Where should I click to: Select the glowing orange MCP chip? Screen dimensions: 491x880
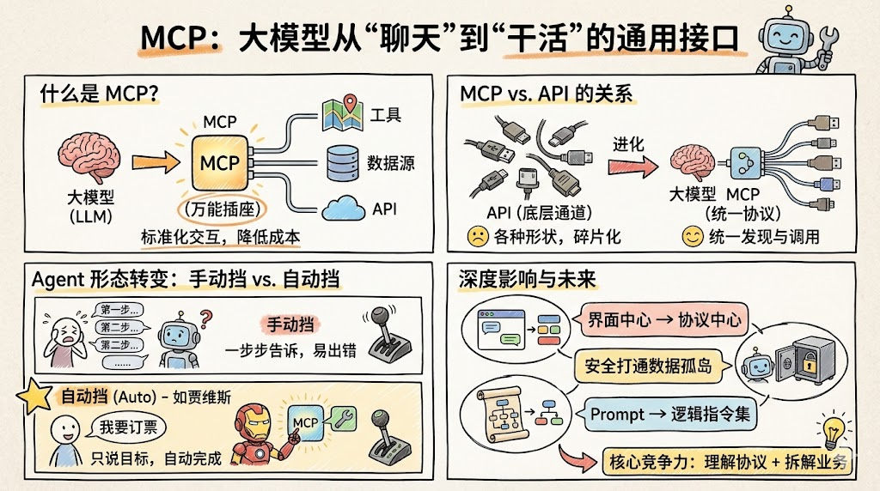pyautogui.click(x=219, y=162)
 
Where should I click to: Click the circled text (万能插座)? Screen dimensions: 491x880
pyautogui.click(x=220, y=209)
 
